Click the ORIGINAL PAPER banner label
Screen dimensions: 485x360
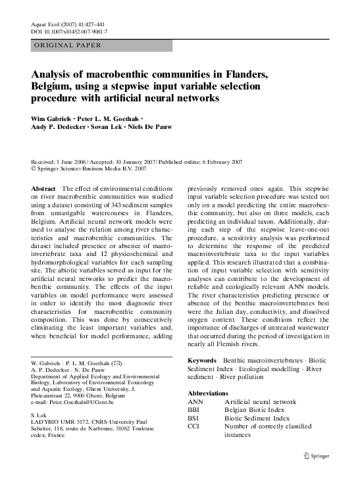pos(67,45)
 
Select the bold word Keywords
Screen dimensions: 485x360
pos(202,361)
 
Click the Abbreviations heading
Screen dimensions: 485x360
pos(208,393)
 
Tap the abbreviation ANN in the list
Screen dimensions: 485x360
pos(195,401)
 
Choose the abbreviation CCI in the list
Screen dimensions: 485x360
pos(194,426)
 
